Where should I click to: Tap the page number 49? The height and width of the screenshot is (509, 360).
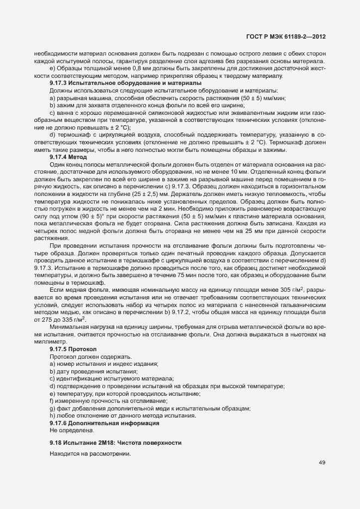click(x=322, y=463)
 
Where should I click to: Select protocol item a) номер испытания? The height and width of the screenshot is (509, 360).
click(x=96, y=363)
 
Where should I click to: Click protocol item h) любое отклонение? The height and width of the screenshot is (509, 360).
click(x=123, y=415)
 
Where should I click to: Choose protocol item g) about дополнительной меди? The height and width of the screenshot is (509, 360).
click(x=150, y=408)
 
